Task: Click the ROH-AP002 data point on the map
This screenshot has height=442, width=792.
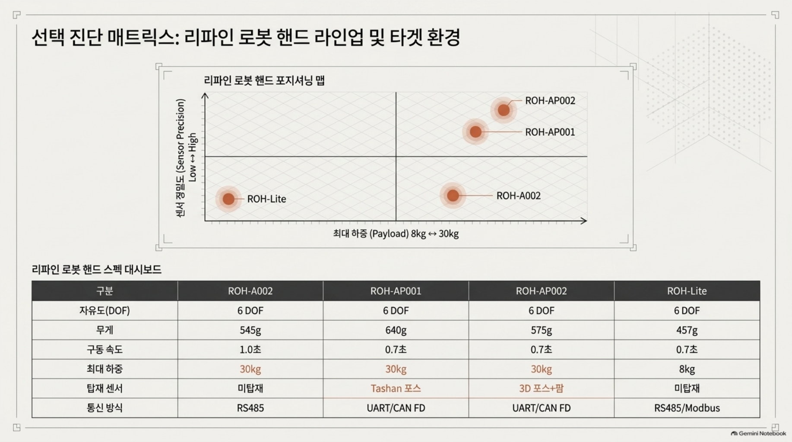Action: (x=504, y=110)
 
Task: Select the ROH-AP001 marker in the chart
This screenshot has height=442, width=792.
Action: (x=475, y=132)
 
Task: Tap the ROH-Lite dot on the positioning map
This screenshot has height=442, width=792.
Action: (x=228, y=199)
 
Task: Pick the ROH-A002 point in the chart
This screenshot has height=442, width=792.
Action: (x=453, y=196)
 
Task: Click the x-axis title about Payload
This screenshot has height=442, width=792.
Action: (x=396, y=234)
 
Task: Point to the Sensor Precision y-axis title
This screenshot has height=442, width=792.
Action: (x=186, y=158)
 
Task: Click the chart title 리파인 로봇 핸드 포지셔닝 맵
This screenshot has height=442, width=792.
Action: (x=264, y=81)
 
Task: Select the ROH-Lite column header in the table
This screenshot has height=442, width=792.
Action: (x=687, y=291)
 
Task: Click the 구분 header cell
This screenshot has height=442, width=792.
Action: (x=105, y=291)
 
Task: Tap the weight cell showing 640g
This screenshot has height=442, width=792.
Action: (x=396, y=330)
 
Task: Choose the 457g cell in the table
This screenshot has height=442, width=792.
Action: (x=687, y=330)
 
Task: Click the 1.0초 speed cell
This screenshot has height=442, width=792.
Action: (x=250, y=350)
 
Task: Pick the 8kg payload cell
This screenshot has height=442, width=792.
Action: (x=687, y=369)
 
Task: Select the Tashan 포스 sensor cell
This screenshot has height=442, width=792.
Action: (x=396, y=388)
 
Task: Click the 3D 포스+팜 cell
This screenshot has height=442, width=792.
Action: (x=541, y=388)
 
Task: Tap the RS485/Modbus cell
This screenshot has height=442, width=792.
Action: (x=687, y=408)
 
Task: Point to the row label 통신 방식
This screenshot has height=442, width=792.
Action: (x=105, y=408)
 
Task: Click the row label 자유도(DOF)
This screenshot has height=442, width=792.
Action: (x=105, y=311)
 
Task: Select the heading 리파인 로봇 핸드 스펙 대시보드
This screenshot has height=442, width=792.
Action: (x=97, y=270)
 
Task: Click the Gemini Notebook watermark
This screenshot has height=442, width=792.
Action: (x=758, y=433)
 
